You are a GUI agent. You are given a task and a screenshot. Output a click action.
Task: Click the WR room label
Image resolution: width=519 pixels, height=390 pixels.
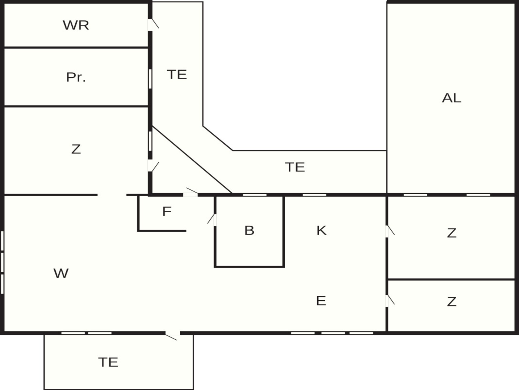[x=76, y=25]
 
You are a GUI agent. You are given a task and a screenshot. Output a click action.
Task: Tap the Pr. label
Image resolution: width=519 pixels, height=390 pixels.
[x=76, y=77]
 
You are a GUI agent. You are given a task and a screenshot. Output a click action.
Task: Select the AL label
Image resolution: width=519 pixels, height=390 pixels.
[x=451, y=98]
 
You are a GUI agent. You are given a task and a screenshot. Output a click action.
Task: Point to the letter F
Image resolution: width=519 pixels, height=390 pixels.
[x=167, y=211]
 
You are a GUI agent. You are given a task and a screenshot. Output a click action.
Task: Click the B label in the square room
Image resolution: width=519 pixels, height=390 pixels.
[x=249, y=230]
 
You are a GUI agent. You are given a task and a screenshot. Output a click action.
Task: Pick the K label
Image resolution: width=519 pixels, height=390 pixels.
[x=321, y=230]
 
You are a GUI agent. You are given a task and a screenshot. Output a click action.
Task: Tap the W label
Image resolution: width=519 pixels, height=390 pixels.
[x=61, y=273]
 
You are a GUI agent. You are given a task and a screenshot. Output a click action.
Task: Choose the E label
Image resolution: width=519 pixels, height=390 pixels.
[x=321, y=301]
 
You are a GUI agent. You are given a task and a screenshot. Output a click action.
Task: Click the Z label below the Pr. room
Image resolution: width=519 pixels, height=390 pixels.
[x=76, y=149]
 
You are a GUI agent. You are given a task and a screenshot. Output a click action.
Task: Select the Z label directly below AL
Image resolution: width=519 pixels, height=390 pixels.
[x=452, y=233]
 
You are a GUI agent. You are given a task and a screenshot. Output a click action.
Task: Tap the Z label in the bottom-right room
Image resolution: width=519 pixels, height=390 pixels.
[x=452, y=302]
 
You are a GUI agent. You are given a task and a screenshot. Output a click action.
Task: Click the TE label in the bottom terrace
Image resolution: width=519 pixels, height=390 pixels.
[x=108, y=362]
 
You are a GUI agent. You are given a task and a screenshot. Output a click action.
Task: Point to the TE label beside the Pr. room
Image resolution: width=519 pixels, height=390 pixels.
[x=177, y=74]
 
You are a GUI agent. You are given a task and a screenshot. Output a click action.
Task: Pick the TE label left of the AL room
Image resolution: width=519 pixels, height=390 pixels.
[x=295, y=167]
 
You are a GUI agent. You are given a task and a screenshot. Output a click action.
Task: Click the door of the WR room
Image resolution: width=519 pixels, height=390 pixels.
[x=153, y=24]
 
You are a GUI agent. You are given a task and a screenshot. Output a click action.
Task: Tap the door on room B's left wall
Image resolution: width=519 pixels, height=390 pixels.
[x=212, y=220]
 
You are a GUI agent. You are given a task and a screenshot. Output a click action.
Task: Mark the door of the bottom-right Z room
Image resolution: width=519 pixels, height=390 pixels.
[x=390, y=301]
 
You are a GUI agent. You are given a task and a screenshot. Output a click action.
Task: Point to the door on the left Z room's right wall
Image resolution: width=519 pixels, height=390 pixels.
[x=153, y=166]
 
